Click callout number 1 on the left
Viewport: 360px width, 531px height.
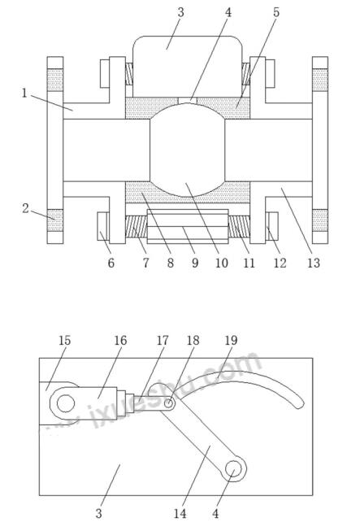[x=24, y=93]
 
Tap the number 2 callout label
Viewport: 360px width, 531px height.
[x=26, y=208]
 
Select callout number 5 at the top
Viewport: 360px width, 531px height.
[x=276, y=12]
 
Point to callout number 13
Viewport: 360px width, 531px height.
[x=314, y=263]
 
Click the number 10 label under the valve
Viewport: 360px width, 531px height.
[x=222, y=263]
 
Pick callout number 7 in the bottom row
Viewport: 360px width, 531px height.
[x=145, y=263]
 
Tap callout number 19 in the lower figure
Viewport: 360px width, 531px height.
[x=231, y=340]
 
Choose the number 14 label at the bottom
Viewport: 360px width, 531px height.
[x=180, y=513]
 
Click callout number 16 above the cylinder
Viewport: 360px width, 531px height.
[x=120, y=340]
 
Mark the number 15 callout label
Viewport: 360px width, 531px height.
[x=64, y=340]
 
